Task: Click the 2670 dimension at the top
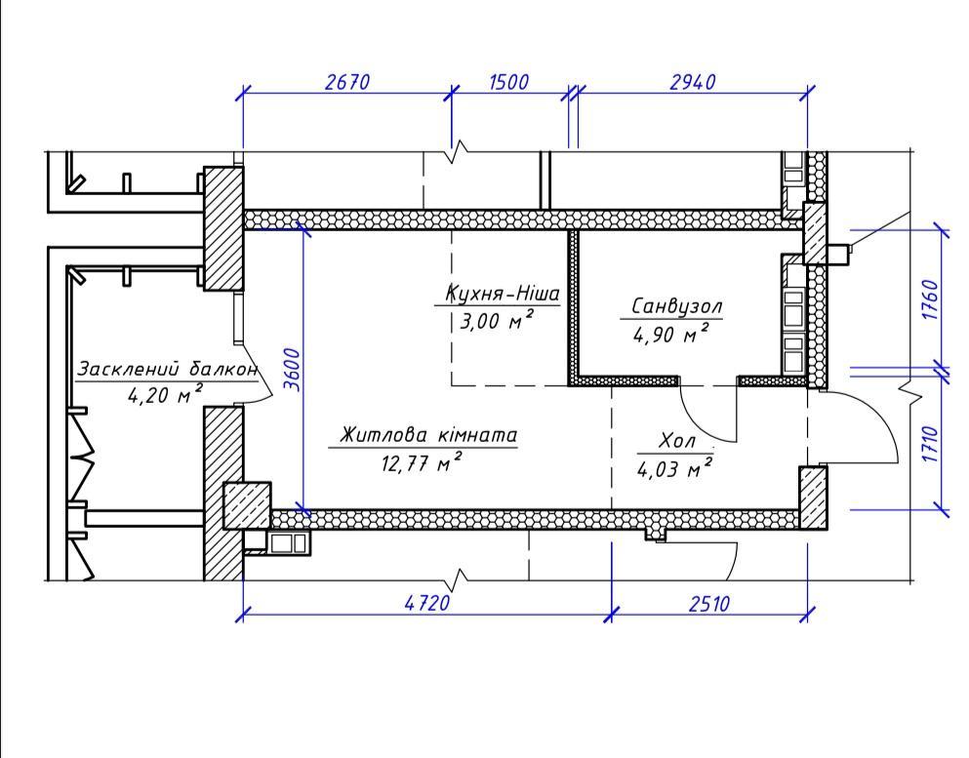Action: (346, 82)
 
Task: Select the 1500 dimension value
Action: (508, 82)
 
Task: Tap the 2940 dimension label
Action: (692, 82)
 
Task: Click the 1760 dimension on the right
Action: (931, 299)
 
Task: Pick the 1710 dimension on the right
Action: (931, 443)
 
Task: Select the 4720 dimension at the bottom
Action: (427, 602)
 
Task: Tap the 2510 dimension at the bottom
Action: (709, 602)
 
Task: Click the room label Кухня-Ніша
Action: (502, 293)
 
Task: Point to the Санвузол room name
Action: (676, 305)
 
